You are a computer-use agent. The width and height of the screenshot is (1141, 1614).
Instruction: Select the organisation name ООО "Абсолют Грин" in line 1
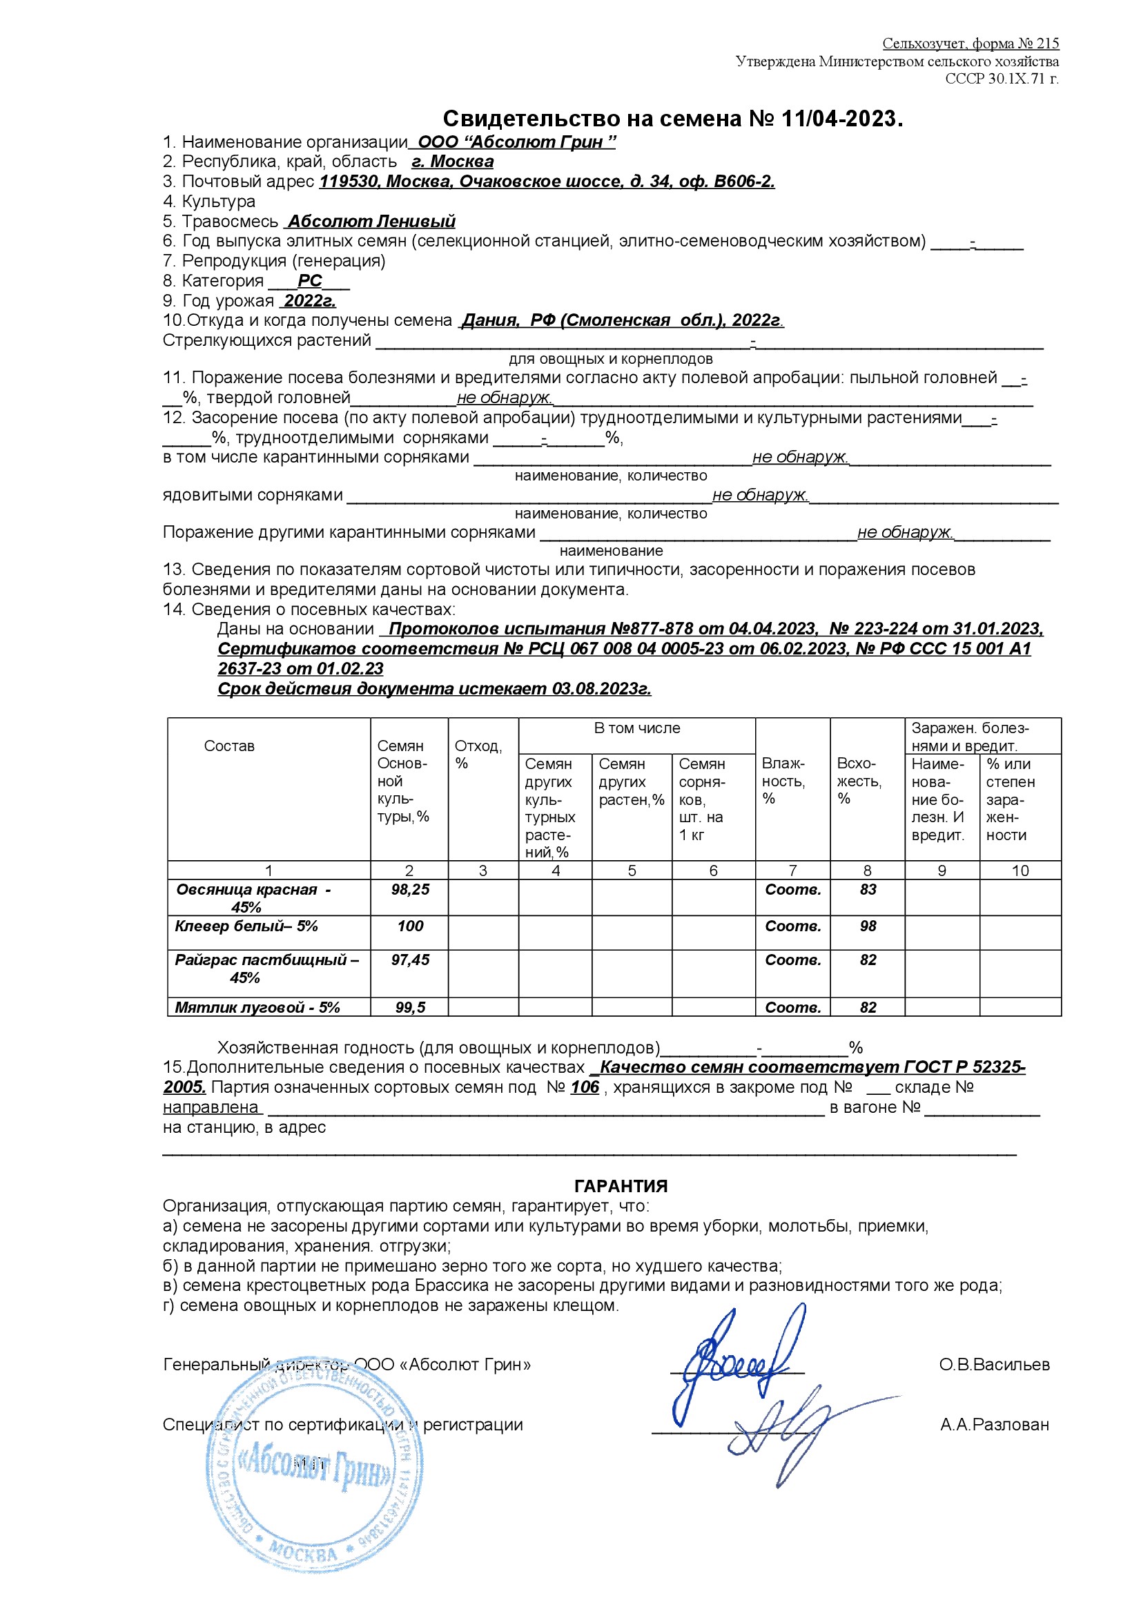point(517,142)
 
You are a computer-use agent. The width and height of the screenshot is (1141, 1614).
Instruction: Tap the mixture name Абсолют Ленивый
point(371,222)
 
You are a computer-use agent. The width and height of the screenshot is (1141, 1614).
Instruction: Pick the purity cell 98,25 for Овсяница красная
point(410,889)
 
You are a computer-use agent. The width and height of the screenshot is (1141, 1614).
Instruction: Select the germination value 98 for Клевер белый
point(868,926)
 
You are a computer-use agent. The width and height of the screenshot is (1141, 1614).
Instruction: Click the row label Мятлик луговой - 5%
point(257,1007)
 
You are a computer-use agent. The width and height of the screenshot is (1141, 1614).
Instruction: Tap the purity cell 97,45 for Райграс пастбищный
point(410,960)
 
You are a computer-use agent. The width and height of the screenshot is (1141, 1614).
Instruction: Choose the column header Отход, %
point(479,755)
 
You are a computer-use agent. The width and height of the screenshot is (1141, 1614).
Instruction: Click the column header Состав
point(229,746)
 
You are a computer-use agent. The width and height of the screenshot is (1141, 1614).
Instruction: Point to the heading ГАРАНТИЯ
point(621,1186)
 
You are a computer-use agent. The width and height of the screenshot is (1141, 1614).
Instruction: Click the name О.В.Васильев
point(994,1365)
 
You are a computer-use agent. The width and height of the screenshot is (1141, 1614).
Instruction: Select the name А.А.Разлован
point(994,1425)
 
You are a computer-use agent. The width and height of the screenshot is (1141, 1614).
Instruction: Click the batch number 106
point(584,1087)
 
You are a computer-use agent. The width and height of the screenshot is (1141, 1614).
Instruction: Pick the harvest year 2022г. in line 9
point(309,301)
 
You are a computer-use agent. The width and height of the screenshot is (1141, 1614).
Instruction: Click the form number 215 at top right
point(1047,43)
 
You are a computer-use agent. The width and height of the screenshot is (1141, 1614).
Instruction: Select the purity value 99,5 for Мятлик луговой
point(410,1007)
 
